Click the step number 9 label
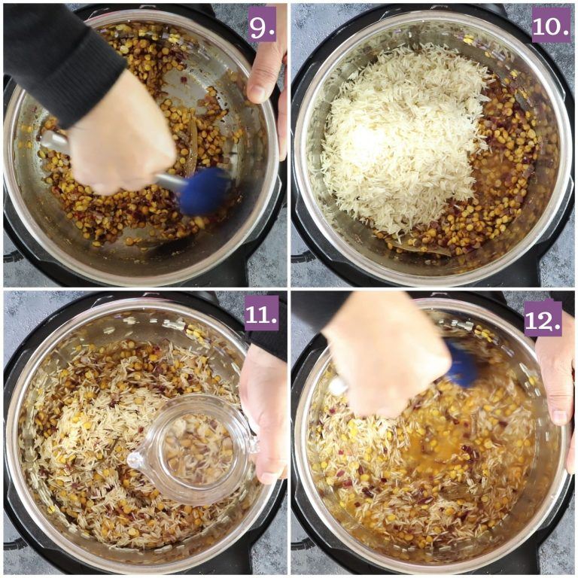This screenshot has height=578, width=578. pyautogui.click(x=262, y=24)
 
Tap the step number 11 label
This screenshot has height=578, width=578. pyautogui.click(x=262, y=313)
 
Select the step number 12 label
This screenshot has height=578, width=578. pyautogui.click(x=543, y=318)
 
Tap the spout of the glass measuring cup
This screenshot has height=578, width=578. pyautogui.click(x=135, y=460)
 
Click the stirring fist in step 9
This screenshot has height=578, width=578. pyautogui.click(x=122, y=136)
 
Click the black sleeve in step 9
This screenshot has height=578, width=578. pyautogui.click(x=59, y=59)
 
